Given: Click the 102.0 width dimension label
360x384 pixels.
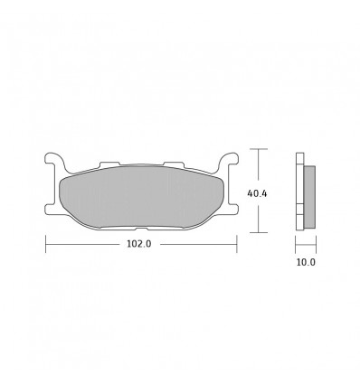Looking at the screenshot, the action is click(x=139, y=244).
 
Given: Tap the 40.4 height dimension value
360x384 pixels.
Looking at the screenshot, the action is click(x=257, y=193).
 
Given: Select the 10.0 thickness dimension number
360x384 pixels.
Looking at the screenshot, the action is click(x=306, y=262).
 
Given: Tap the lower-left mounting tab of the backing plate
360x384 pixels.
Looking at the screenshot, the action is click(x=51, y=210).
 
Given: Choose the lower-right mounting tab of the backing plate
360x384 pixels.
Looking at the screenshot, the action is click(x=232, y=210).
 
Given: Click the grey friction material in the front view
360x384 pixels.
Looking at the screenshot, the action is click(x=141, y=197).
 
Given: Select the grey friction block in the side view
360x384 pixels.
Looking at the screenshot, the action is click(x=309, y=197).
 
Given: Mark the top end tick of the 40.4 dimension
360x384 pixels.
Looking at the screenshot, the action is click(x=259, y=149).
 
